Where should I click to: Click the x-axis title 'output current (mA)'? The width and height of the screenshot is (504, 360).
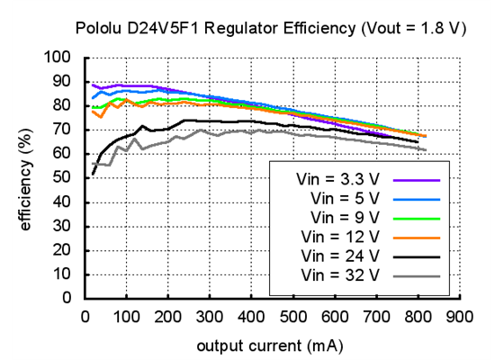[x=271, y=345]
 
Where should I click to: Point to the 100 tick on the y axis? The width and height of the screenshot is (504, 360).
[x=58, y=58]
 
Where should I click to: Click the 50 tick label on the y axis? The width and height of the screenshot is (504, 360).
[x=62, y=177]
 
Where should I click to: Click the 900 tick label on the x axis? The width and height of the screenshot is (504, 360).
[x=459, y=316]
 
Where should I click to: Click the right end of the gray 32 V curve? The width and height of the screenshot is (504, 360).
[x=426, y=149]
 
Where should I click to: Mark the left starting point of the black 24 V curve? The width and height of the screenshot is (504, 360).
[x=93, y=174]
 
